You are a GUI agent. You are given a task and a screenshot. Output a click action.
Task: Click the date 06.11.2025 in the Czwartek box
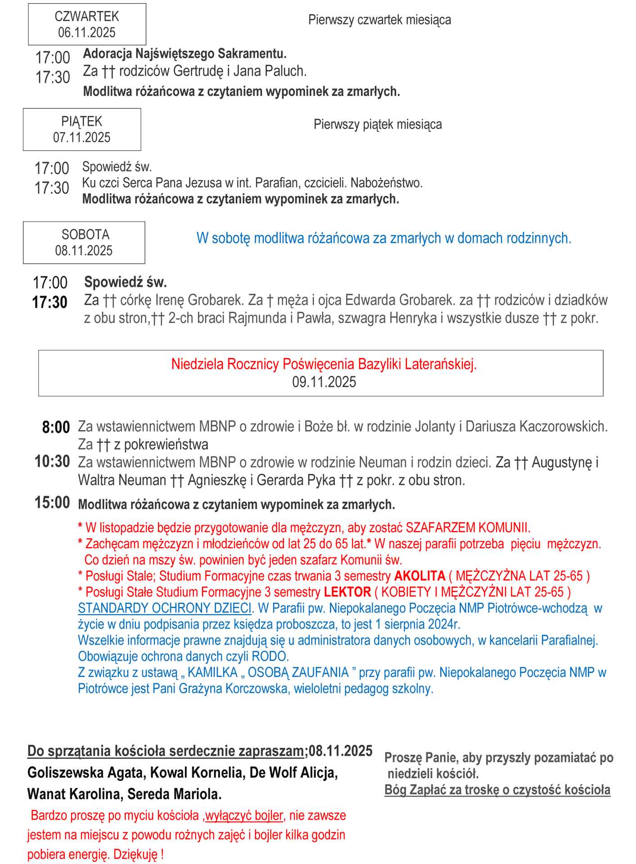[86, 32]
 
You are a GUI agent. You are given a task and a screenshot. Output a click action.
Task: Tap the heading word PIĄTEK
[82, 121]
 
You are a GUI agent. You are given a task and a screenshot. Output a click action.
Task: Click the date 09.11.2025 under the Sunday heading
[324, 382]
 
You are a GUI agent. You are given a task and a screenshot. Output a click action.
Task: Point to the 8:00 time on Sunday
[56, 427]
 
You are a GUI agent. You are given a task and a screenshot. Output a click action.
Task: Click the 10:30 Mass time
[52, 461]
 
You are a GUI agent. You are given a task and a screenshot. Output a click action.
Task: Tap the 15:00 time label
[52, 503]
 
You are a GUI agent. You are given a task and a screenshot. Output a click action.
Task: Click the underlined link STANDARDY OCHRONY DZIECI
[164, 608]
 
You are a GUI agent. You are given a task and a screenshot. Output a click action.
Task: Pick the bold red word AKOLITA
[419, 576]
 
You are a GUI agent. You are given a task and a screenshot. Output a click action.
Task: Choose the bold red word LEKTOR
[347, 592]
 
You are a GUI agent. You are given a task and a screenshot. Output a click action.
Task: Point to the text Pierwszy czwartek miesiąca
[379, 20]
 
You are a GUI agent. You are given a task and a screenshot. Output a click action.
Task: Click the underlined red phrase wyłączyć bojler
[244, 815]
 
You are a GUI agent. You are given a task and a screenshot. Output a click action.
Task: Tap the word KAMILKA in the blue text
[212, 672]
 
